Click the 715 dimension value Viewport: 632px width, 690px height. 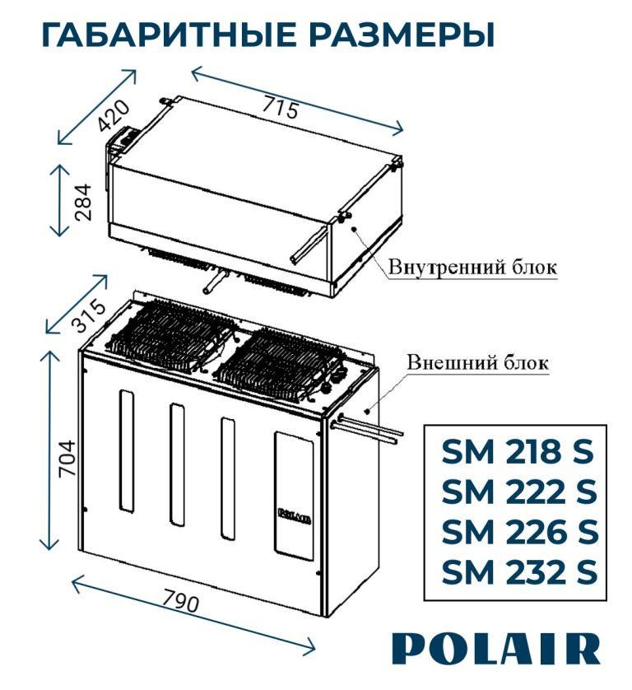281,107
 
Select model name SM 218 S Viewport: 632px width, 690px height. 518,453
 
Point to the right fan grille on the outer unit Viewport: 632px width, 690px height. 284,362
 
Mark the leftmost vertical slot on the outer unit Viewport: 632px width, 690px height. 125,449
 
